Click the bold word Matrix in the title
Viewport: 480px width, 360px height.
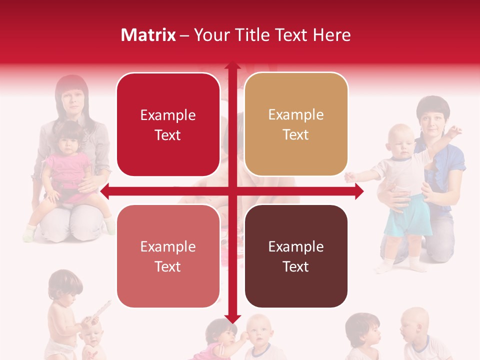(148, 35)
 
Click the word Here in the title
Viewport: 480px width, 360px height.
(332, 35)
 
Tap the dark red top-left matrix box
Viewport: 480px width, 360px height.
(168, 125)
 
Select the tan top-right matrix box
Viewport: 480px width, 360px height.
(296, 124)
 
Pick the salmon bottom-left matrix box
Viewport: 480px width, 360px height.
(168, 256)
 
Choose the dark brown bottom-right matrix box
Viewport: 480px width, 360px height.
(296, 256)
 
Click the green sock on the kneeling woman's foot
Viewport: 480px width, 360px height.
(30, 232)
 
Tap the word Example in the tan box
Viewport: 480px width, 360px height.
(296, 115)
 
